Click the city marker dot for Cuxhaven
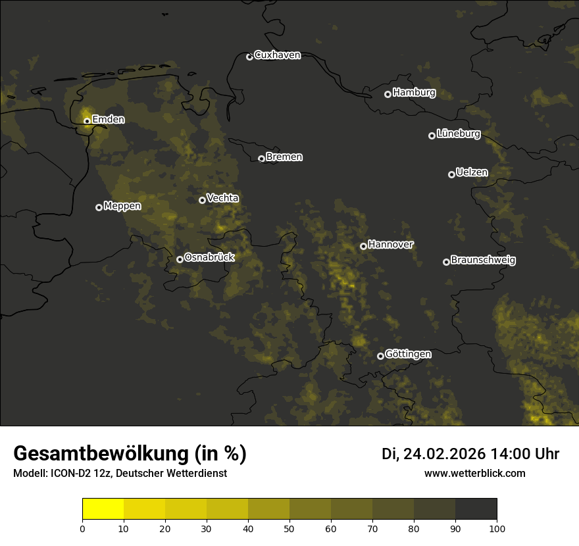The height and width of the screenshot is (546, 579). coord(249,57)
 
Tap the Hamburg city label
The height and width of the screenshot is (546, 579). coord(414,93)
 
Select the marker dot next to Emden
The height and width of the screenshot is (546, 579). coord(87,120)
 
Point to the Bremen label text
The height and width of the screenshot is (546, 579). coord(284,157)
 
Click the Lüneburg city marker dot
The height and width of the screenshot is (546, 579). coord(432,136)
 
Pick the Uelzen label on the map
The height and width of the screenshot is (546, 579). coord(472,172)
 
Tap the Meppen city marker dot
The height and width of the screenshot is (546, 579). coord(99,207)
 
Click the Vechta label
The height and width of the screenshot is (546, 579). coord(222,198)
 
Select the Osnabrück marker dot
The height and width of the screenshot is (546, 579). coord(180,259)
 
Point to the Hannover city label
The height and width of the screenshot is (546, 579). coord(391,245)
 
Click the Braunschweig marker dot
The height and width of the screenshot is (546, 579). coord(446,262)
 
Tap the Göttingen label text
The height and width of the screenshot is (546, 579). coord(408,355)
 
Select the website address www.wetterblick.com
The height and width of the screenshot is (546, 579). coord(475,473)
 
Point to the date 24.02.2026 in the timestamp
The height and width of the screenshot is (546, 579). coord(444,454)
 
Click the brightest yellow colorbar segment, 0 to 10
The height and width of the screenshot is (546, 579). coord(103,509)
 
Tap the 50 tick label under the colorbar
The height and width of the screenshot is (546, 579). coord(289,528)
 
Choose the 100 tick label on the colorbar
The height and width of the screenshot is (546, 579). coord(497,528)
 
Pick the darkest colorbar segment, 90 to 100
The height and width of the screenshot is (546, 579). coord(476,509)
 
